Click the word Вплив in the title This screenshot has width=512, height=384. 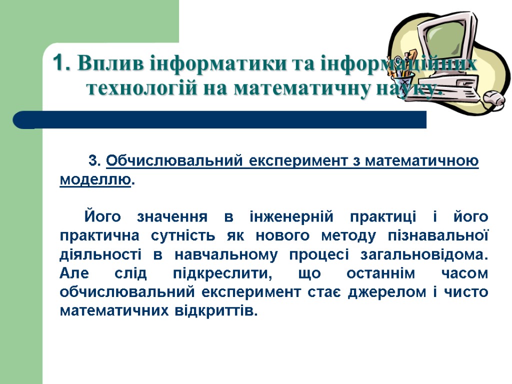(102, 64)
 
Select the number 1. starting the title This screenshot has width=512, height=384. (60, 64)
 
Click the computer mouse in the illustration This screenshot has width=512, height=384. (494, 98)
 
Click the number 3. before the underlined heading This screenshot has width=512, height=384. (95, 161)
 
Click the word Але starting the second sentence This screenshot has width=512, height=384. (75, 274)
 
